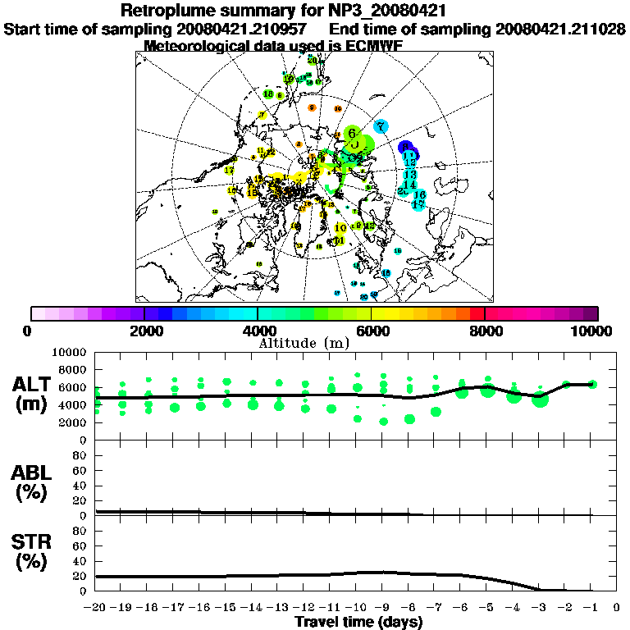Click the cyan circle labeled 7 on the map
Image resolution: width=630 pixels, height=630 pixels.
point(381,126)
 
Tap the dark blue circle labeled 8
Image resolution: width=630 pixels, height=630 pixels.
point(404,148)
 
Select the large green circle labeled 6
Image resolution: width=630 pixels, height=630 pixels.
point(351,133)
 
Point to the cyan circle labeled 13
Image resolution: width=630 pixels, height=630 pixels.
point(409,174)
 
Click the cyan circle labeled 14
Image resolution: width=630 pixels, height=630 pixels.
point(410,184)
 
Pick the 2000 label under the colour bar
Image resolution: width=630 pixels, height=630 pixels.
point(144,331)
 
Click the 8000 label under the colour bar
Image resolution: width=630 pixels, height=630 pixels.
point(485,331)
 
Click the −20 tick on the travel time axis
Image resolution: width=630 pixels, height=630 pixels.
point(97,607)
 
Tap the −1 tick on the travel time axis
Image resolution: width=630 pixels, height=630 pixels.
point(591,607)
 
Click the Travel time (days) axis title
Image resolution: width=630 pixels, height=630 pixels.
point(358,622)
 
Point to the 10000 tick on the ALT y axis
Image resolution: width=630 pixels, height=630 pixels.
point(68,352)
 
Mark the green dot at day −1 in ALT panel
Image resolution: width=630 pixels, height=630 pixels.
point(592,384)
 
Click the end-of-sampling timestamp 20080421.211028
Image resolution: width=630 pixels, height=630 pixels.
point(560,29)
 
